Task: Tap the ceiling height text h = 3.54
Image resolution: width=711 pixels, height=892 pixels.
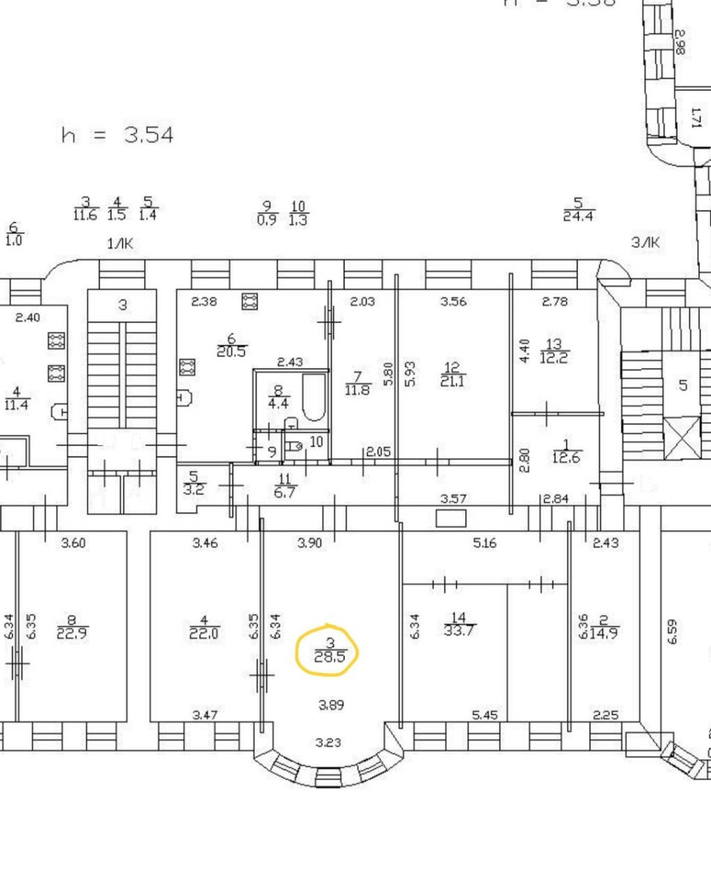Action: coord(118,135)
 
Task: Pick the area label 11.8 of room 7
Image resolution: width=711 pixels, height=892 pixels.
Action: coord(357,389)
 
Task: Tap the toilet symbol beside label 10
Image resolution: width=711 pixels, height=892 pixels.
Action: coord(295,447)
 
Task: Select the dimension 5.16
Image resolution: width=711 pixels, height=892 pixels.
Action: coord(484,543)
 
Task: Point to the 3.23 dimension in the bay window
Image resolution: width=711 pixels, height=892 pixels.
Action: coord(328,742)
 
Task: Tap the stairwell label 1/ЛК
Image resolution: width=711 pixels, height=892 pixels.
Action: coord(120,243)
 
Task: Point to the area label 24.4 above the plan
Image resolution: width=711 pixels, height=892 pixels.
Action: coord(579,216)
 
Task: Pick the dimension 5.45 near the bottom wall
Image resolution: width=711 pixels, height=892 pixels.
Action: coord(485,715)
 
